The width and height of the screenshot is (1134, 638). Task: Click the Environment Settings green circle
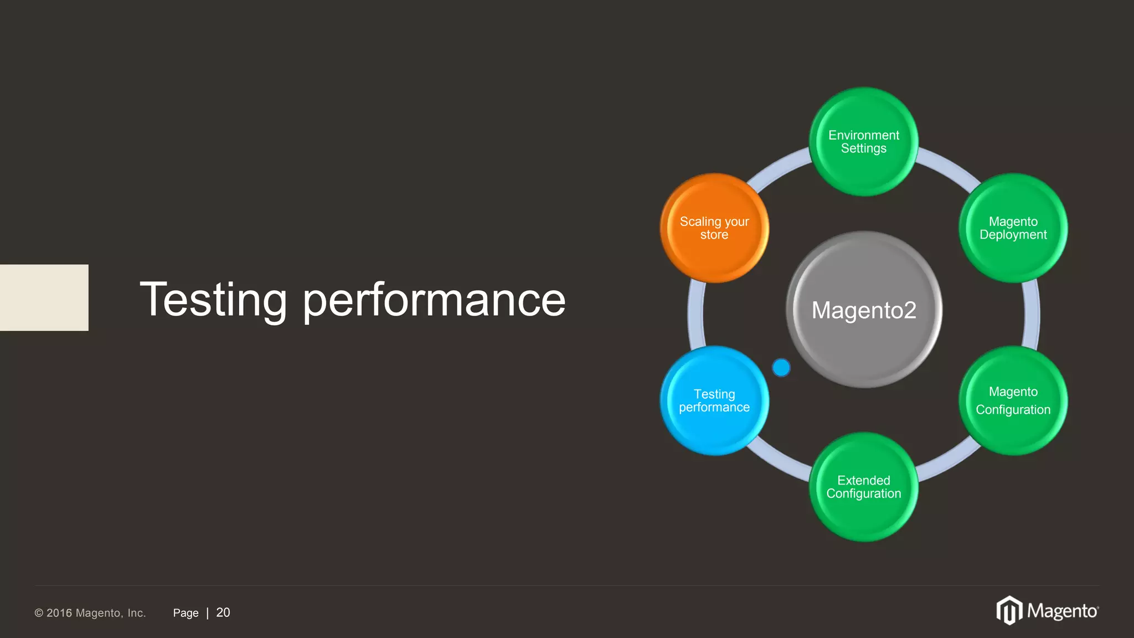point(863,142)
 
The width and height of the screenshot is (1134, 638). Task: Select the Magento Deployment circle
point(1013,228)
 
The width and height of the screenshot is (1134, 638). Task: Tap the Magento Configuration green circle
point(1013,400)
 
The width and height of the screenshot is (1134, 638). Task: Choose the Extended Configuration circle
point(863,487)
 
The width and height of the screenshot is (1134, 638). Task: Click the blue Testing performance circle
point(714,400)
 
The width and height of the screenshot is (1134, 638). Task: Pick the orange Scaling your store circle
point(714,228)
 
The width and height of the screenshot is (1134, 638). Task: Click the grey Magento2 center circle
point(864,310)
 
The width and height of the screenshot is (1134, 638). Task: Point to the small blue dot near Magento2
point(781,367)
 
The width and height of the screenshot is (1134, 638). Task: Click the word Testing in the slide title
point(213,300)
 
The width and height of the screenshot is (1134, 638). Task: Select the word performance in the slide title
point(434,300)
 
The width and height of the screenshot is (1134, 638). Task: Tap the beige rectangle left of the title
point(44,297)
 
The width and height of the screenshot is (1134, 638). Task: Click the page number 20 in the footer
point(223,613)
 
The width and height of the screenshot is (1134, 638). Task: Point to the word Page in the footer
point(185,613)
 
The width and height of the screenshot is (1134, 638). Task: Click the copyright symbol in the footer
point(39,613)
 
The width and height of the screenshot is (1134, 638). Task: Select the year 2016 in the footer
point(59,613)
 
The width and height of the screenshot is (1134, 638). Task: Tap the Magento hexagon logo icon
point(1009,610)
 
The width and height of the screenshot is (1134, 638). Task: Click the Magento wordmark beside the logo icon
point(1063,611)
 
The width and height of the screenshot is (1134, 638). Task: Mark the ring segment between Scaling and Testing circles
point(696,315)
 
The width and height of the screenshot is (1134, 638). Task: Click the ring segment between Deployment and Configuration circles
point(1032,315)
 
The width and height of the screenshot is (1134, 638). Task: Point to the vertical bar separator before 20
point(208,613)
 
